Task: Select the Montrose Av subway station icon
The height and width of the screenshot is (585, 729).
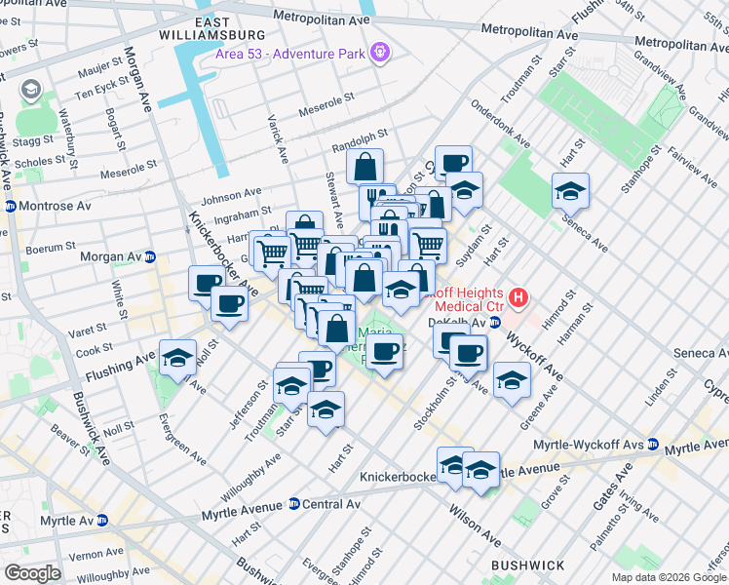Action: tap(11, 207)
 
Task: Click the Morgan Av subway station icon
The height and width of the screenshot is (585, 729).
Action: tap(150, 257)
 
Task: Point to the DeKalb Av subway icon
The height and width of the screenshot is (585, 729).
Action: tap(495, 323)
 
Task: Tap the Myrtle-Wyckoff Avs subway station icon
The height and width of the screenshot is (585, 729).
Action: tap(653, 445)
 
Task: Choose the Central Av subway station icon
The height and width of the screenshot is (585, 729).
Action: tap(293, 504)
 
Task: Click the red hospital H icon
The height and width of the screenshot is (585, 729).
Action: tap(519, 296)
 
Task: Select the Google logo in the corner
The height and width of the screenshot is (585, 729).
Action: tap(32, 572)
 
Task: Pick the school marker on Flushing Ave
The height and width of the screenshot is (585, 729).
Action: tap(177, 357)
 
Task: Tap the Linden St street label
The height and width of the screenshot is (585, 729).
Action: tap(659, 388)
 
